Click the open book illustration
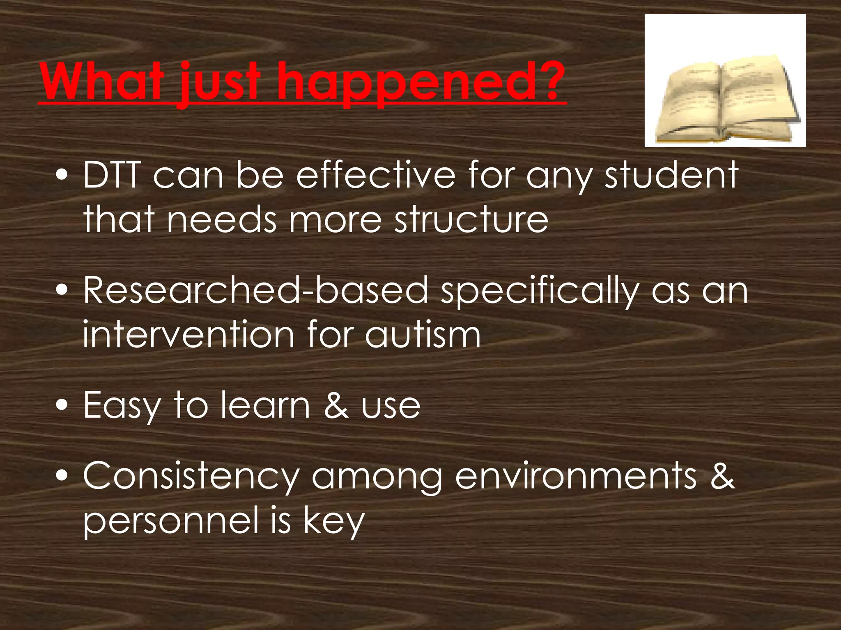point(725,100)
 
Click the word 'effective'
point(375,175)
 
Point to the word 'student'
point(671,175)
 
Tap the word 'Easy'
point(121,406)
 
